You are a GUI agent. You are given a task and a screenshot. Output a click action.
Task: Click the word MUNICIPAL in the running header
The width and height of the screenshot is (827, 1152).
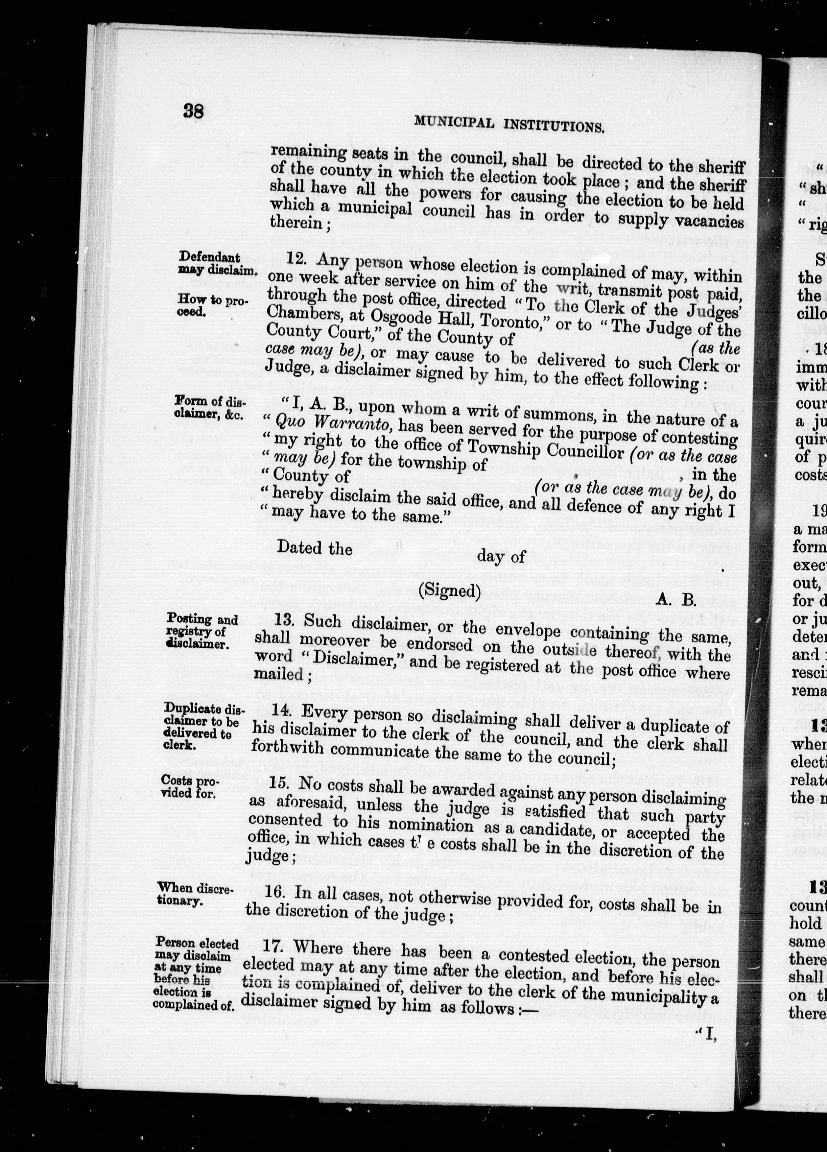coord(454,121)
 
